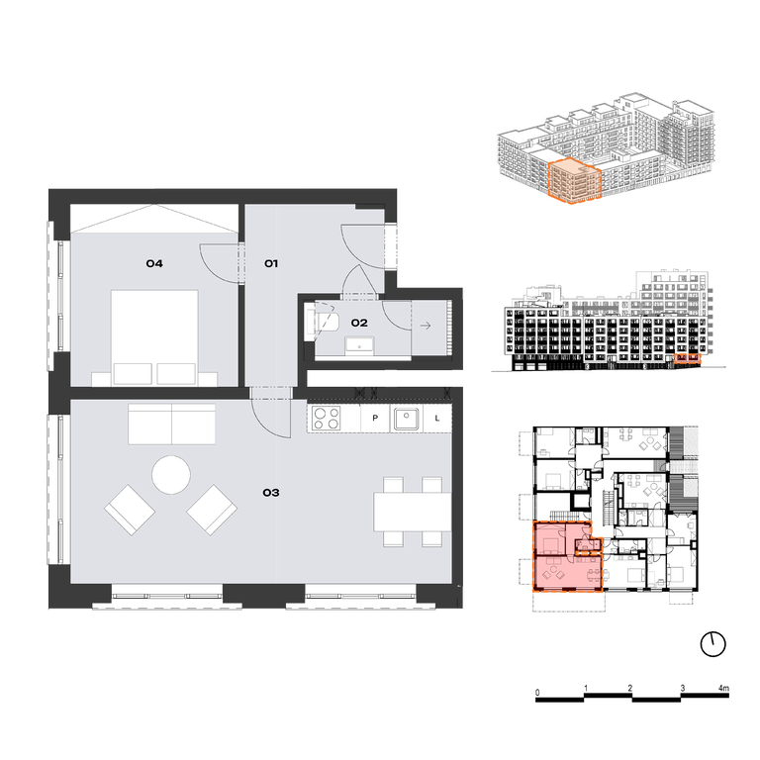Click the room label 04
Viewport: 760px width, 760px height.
pyautogui.click(x=154, y=263)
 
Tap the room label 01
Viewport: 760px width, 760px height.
pyautogui.click(x=271, y=263)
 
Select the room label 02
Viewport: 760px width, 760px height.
pyautogui.click(x=359, y=323)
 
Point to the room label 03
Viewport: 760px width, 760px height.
pyautogui.click(x=271, y=493)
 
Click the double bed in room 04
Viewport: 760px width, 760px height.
pyautogui.click(x=154, y=337)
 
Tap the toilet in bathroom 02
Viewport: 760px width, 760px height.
pyautogui.click(x=323, y=322)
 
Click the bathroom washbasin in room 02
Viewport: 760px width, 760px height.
pyautogui.click(x=359, y=345)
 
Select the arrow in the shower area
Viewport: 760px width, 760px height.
pyautogui.click(x=426, y=326)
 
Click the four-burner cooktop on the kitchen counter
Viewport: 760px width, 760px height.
pyautogui.click(x=326, y=419)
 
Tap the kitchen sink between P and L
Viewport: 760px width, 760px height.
pyautogui.click(x=406, y=419)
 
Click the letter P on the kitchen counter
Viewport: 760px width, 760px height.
pyautogui.click(x=375, y=418)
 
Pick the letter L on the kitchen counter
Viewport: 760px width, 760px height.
pyautogui.click(x=437, y=418)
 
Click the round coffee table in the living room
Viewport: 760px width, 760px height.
pyautogui.click(x=171, y=475)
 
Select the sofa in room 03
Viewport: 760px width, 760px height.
pyautogui.click(x=171, y=425)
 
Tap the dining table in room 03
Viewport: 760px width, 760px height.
pyautogui.click(x=412, y=512)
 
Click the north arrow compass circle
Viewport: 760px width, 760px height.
pyautogui.click(x=713, y=644)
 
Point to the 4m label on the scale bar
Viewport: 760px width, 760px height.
pyautogui.click(x=723, y=688)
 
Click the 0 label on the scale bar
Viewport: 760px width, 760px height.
pyautogui.click(x=537, y=693)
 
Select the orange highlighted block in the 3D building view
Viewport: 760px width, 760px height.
pyautogui.click(x=575, y=182)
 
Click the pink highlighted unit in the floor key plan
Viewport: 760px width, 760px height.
pyautogui.click(x=567, y=557)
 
